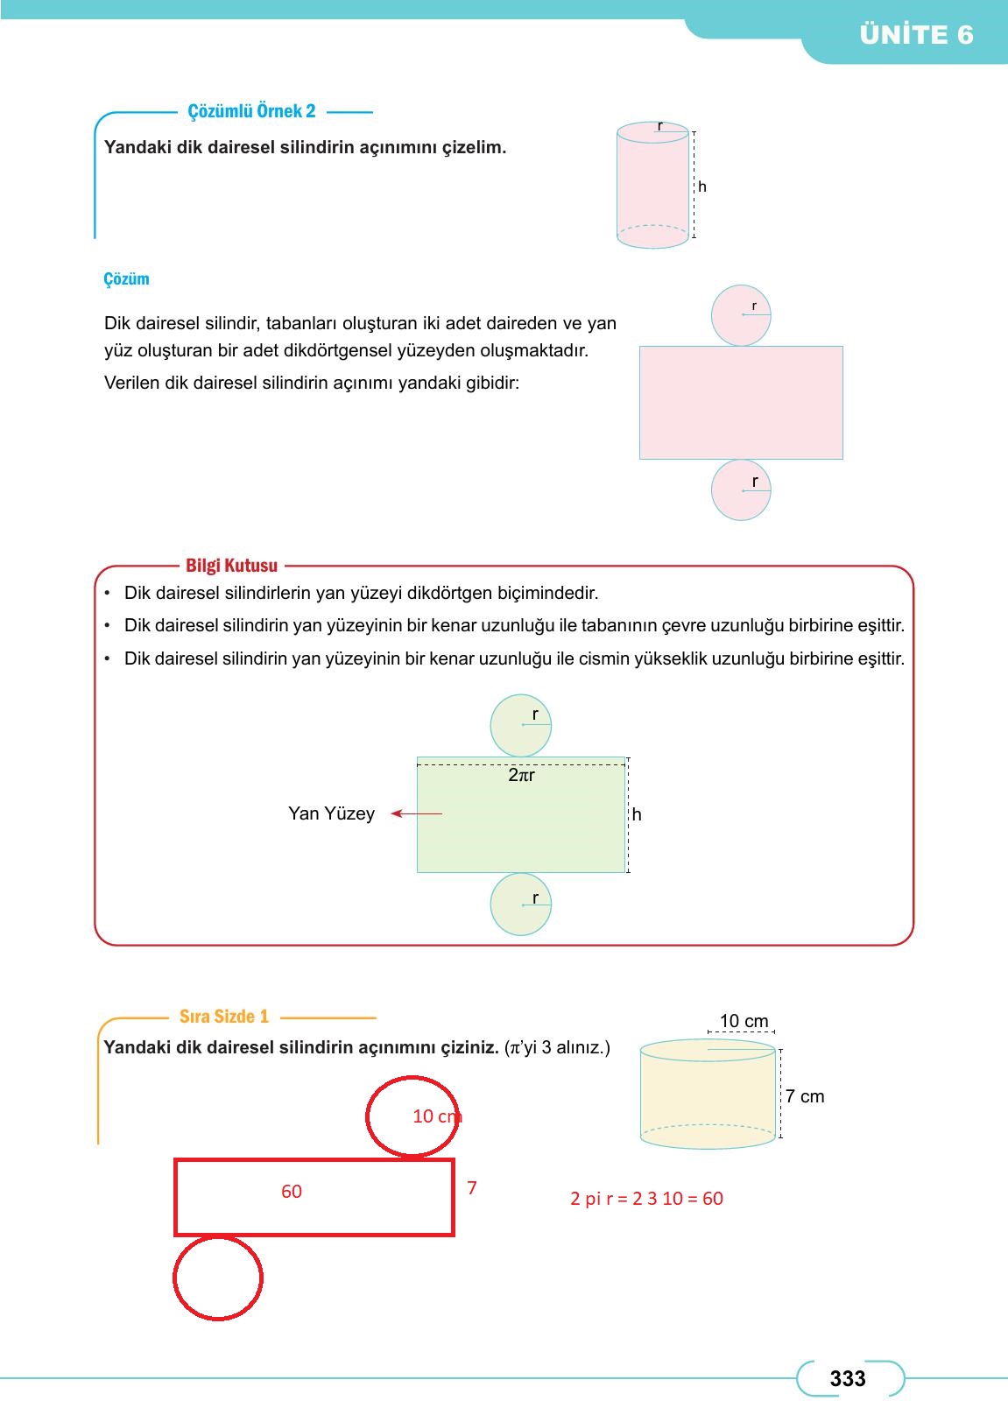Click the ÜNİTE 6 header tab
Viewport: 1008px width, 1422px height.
(x=916, y=35)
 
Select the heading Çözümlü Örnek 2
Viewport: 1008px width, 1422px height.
(x=251, y=111)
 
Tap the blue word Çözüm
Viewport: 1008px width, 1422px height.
(x=126, y=279)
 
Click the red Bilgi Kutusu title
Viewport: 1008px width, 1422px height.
(x=231, y=566)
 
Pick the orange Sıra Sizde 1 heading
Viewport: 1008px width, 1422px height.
(x=223, y=1017)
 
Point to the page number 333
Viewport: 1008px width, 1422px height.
(x=847, y=1379)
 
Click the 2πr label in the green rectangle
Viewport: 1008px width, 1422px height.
(x=521, y=775)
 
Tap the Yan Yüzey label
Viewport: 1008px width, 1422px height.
(x=331, y=813)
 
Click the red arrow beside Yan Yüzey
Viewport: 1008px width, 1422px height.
(x=417, y=813)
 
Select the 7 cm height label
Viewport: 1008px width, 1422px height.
(x=804, y=1096)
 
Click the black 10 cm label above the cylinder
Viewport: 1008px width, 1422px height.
(x=744, y=1021)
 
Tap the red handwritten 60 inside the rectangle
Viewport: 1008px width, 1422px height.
(x=292, y=1192)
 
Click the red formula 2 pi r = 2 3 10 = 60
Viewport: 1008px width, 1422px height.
(x=646, y=1199)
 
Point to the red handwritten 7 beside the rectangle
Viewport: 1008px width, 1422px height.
(x=472, y=1188)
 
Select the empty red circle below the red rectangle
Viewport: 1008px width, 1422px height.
(x=218, y=1278)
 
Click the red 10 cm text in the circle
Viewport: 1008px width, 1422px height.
(x=435, y=1116)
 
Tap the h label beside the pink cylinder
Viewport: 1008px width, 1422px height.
(x=702, y=187)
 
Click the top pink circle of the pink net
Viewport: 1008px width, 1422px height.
(x=741, y=315)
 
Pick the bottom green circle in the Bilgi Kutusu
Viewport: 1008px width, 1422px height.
(x=521, y=905)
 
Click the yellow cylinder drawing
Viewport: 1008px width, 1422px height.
(x=708, y=1095)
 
